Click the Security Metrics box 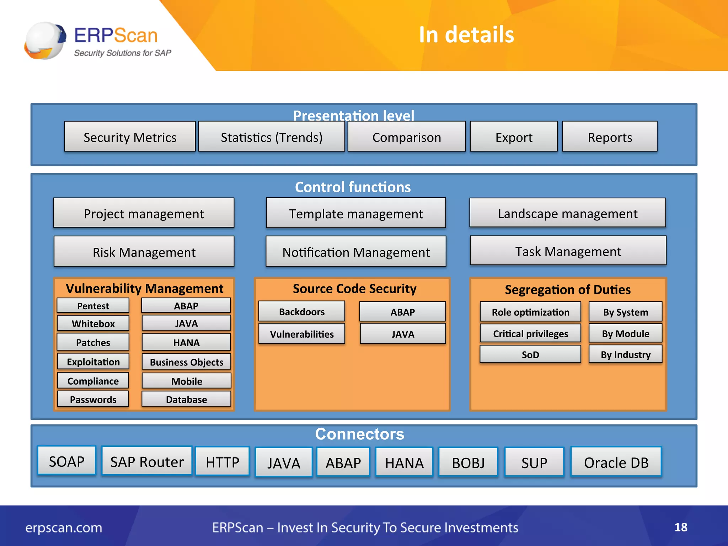130,137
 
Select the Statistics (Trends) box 272,137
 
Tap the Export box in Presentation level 514,137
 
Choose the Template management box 356,213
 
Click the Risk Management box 144,252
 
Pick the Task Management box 568,251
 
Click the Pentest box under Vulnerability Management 93,306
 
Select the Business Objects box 186,362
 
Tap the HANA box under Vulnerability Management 186,342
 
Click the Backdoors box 302,311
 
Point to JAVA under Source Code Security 403,333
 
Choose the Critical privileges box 530,333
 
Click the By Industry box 626,354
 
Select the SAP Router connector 147,461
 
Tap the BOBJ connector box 468,462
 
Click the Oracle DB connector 616,462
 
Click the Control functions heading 353,187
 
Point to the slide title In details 466,35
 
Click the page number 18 681,527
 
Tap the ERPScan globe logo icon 45,40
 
